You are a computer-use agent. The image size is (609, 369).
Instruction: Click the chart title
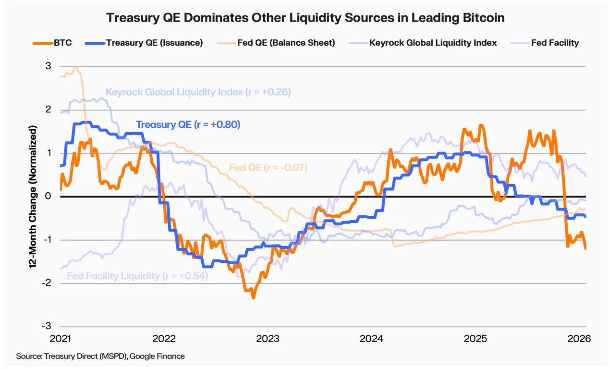[305, 18]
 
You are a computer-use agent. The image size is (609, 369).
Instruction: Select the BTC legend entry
[54, 43]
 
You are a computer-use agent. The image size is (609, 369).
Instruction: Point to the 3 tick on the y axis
[48, 66]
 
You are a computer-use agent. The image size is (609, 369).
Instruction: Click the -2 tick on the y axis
[47, 283]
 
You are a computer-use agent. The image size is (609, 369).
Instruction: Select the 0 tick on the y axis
[48, 196]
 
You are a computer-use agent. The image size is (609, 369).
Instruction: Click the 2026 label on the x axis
[579, 338]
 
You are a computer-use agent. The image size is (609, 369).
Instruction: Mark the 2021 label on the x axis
[61, 338]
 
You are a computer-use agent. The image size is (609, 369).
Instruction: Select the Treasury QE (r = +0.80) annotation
[188, 124]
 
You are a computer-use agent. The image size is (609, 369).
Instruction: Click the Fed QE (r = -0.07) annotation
[268, 168]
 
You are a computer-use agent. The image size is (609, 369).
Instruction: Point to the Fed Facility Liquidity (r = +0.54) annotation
[137, 276]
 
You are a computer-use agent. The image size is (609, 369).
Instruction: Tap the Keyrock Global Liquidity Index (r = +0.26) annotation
[198, 92]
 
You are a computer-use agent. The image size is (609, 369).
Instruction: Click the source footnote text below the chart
[100, 356]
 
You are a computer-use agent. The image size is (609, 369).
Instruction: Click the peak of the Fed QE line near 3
[75, 68]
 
